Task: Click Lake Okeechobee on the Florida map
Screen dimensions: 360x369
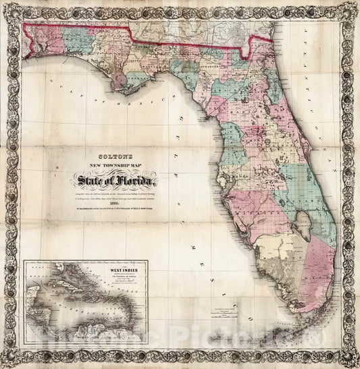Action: (303, 227)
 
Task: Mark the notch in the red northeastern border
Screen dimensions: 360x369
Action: (251, 45)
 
